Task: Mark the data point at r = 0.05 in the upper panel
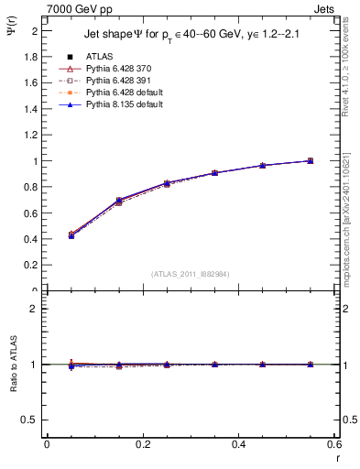coord(71,235)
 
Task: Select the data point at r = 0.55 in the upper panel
coord(310,161)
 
